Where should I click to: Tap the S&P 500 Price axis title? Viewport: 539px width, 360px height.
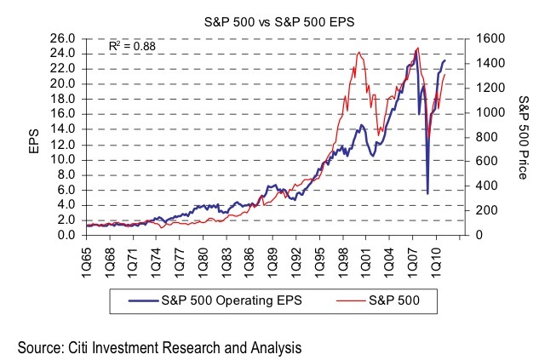point(522,137)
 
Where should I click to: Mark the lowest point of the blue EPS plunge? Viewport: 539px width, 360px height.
point(427,193)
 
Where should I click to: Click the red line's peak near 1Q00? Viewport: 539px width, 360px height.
point(359,53)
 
